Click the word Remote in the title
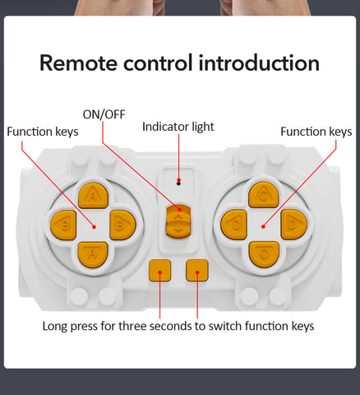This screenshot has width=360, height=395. click(x=78, y=63)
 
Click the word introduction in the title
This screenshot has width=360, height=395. click(x=259, y=63)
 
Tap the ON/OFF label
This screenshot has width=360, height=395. click(x=104, y=114)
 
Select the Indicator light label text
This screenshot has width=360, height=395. click(x=178, y=127)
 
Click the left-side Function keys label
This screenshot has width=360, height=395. click(x=43, y=132)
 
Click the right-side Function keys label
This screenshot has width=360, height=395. click(x=316, y=132)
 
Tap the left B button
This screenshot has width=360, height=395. click(x=63, y=225)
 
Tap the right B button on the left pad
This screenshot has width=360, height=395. click(x=122, y=225)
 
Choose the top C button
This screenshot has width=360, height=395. click(x=264, y=195)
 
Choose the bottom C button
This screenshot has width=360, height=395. click(x=264, y=254)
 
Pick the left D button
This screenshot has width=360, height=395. click(x=233, y=225)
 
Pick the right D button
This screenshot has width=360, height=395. click(x=294, y=225)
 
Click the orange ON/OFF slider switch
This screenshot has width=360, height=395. click(x=178, y=221)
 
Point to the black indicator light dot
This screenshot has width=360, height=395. click(x=178, y=184)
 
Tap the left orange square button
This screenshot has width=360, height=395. click(x=160, y=271)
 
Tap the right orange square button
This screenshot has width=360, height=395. click(x=197, y=271)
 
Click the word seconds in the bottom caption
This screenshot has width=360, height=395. click(x=171, y=326)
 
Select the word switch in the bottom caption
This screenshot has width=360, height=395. click(x=225, y=326)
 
